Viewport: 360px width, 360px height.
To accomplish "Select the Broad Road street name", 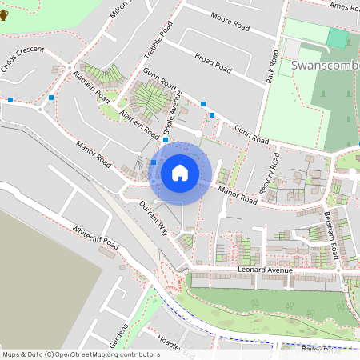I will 212,63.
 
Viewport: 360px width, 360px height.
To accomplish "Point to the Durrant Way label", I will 152,218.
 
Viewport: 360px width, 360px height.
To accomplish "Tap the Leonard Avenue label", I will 266,270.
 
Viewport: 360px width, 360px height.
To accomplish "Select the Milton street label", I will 119,10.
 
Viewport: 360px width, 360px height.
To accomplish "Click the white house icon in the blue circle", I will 180,172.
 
